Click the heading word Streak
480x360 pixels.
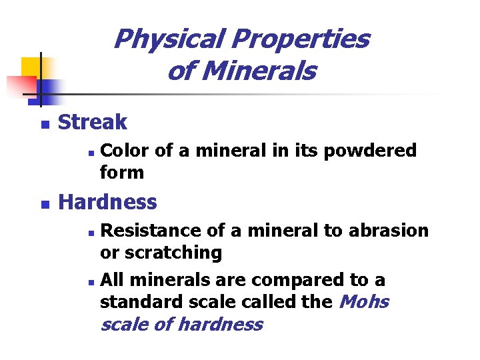pyautogui.click(x=93, y=122)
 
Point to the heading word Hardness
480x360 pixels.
pyautogui.click(x=108, y=201)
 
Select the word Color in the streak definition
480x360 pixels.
pyautogui.click(x=125, y=151)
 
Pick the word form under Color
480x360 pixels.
pyautogui.click(x=121, y=172)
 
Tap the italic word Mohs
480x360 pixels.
pyautogui.click(x=364, y=302)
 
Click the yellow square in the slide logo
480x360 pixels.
pyautogui.click(x=31, y=67)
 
